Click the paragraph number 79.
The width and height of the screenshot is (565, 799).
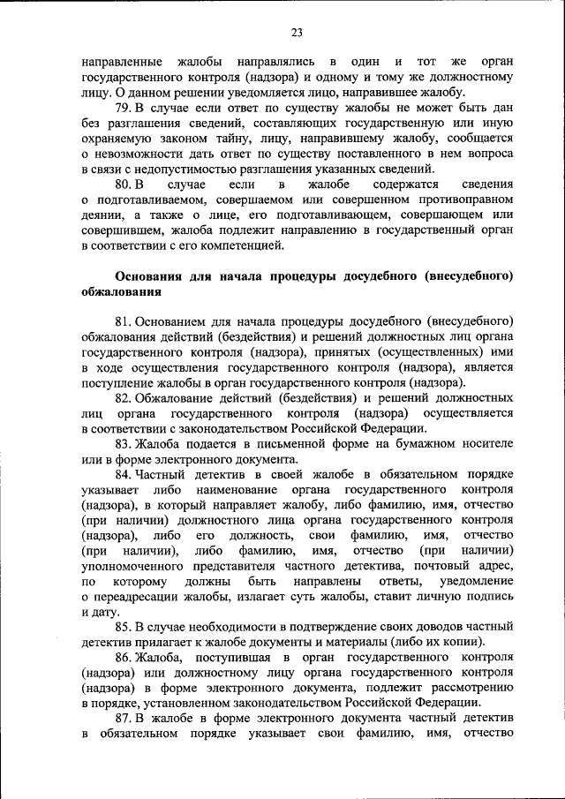[123, 107]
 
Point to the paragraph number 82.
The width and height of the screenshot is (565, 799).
[123, 398]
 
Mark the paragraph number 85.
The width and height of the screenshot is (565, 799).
[123, 626]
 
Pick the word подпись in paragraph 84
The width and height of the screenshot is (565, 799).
[488, 597]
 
